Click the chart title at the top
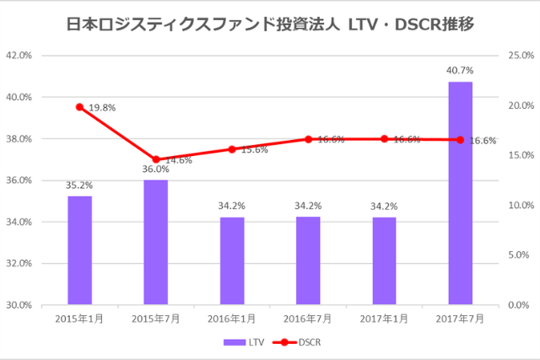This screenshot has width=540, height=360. [269, 24]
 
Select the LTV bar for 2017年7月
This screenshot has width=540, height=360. [460, 193]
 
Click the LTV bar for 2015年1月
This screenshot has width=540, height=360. [79, 250]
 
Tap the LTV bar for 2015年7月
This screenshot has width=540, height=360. [155, 242]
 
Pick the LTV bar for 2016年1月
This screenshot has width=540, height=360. [232, 261]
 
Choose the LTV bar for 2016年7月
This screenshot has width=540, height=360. [308, 261]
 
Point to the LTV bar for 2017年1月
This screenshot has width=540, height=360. [384, 261]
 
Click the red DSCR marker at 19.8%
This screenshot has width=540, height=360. [79, 107]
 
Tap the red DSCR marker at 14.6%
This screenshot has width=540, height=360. [155, 159]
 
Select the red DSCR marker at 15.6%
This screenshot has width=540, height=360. [232, 149]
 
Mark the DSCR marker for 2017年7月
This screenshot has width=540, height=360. [460, 139]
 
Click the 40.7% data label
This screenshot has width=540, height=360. [460, 71]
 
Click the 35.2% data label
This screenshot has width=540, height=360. [79, 185]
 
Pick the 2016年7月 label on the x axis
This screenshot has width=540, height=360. [308, 319]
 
